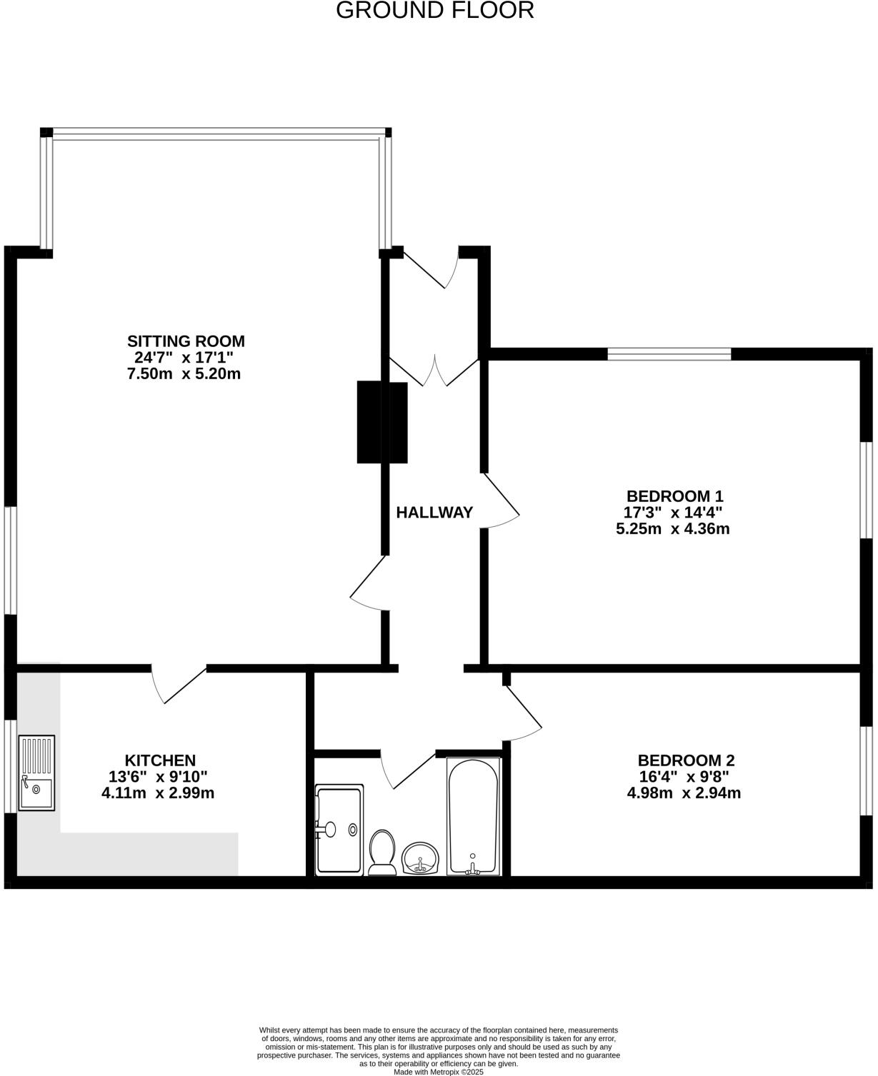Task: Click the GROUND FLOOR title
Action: click(434, 11)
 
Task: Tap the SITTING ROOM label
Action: click(186, 341)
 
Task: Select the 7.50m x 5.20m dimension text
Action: click(184, 374)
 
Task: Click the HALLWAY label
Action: click(434, 513)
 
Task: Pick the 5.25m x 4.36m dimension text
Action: click(672, 529)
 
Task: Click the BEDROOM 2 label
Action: click(686, 761)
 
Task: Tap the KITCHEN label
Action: click(160, 761)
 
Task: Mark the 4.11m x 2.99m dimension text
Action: click(158, 793)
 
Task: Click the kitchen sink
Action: click(36, 773)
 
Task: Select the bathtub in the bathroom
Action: click(472, 815)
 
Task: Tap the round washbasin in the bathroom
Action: click(421, 858)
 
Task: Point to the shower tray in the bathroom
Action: click(339, 830)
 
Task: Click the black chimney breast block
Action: click(382, 423)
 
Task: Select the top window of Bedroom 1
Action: click(669, 353)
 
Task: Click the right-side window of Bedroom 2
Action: click(866, 770)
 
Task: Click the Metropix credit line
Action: click(439, 1072)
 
